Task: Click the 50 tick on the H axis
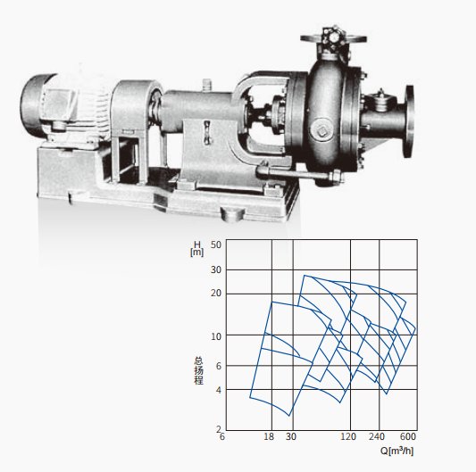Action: point(216,244)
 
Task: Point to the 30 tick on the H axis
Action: point(216,269)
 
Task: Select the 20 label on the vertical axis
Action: point(216,294)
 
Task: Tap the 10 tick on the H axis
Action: point(216,336)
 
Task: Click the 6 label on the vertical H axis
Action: point(219,366)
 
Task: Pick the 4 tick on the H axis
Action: point(219,390)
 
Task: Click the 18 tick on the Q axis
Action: point(269,436)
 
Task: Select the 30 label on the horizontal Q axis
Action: point(291,436)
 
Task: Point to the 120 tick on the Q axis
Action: point(348,436)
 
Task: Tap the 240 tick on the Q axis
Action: point(377,436)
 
